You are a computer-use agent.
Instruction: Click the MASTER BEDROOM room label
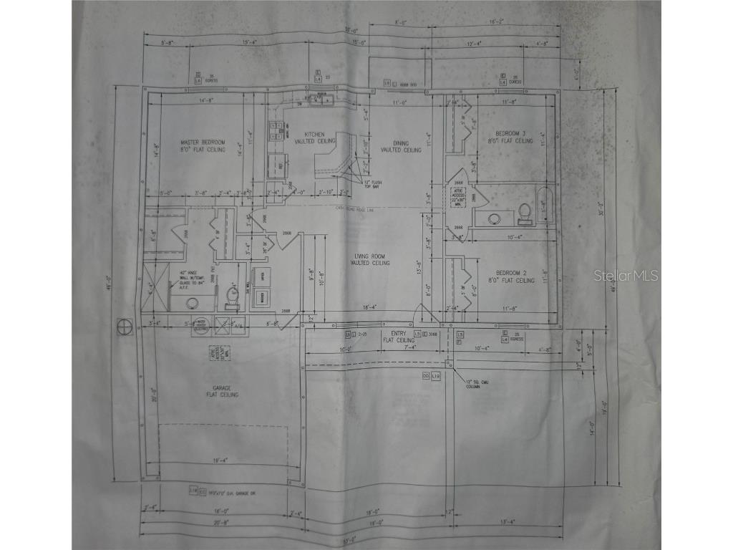pos(203,146)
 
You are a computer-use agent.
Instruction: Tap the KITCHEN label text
pos(315,138)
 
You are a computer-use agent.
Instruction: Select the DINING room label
pos(400,146)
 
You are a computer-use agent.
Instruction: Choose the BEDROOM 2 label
pos(514,276)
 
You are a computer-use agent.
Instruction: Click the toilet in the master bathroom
pos(231,294)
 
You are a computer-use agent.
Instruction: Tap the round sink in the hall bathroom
pos(494,218)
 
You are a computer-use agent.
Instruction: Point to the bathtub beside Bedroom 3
pos(545,206)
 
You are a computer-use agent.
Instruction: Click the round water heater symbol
pos(200,324)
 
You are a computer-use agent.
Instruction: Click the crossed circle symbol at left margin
pos(125,326)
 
